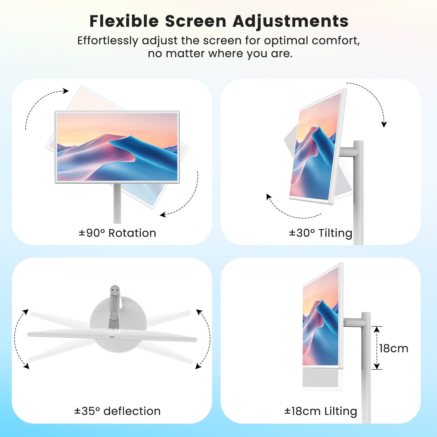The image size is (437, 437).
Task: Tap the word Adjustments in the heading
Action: (290, 22)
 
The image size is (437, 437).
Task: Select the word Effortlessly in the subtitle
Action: (108, 41)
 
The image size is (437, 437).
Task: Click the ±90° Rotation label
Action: (117, 233)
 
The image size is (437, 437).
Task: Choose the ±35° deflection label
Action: (117, 411)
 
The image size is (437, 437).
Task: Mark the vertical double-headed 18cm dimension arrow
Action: (377, 348)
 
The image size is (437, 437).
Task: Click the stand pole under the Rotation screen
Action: (117, 203)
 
